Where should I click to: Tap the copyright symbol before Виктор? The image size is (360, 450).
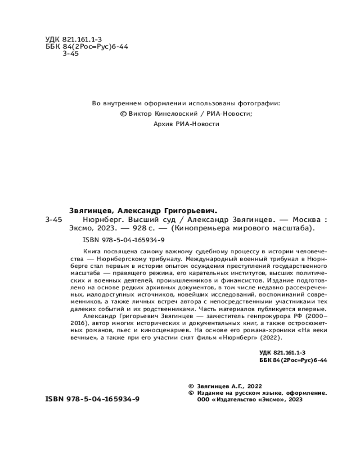pos(124,114)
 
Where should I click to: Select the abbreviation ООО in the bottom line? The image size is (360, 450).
pos(204,399)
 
